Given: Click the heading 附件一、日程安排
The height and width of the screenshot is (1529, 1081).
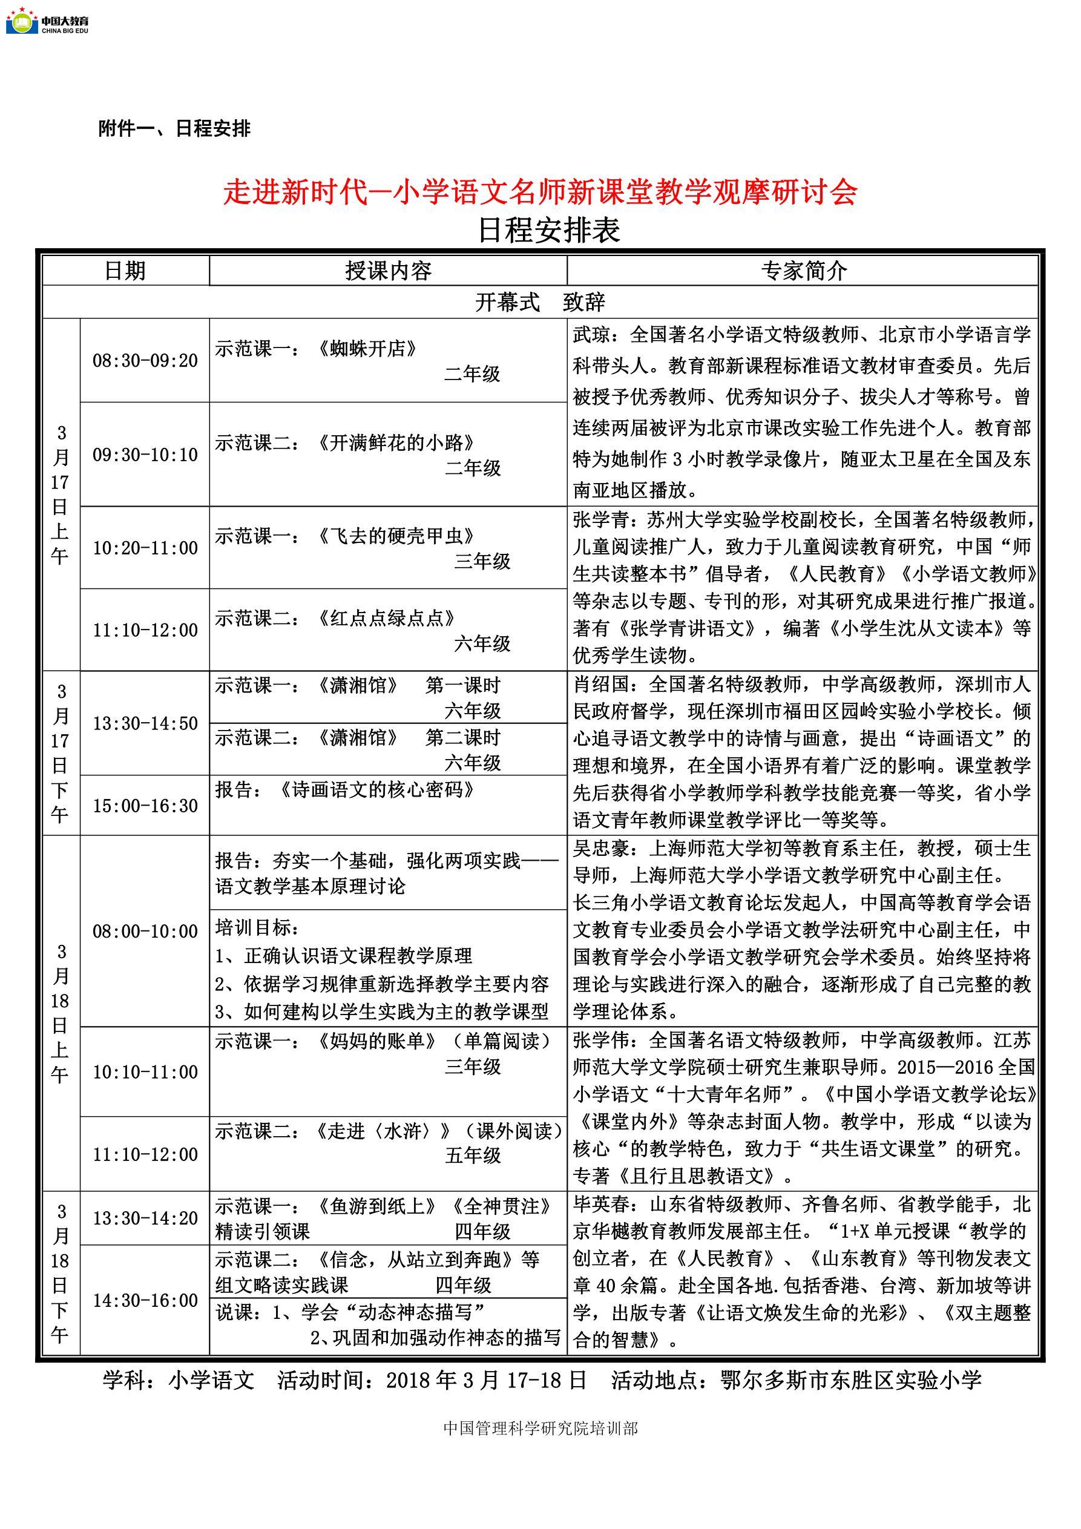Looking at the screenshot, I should pos(174,128).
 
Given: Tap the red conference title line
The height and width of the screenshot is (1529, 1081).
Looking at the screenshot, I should pos(539,192).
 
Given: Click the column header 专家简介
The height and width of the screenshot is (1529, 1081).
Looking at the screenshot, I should pos(803,271).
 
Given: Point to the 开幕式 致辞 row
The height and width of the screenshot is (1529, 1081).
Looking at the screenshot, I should pos(539,302).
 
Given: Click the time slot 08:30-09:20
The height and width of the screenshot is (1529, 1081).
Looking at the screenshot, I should pos(145,361).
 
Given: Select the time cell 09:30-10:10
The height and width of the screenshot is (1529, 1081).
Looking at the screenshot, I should pos(145,455).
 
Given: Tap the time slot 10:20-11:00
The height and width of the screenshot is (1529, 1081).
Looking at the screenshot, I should pos(145,548).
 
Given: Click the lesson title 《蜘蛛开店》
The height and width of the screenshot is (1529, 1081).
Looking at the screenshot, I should pos(367,348).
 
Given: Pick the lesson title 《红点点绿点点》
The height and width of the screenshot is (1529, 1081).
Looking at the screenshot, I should pos(387,618).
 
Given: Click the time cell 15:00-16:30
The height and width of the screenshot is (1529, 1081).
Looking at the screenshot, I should pos(145,806).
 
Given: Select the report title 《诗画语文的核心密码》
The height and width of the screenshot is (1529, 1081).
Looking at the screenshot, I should pos(377,790).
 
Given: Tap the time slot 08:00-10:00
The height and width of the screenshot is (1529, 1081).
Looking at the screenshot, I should pos(145,931).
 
